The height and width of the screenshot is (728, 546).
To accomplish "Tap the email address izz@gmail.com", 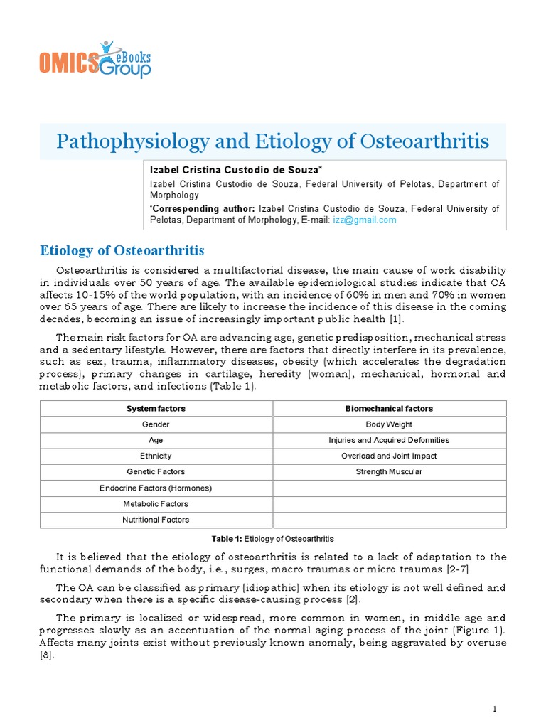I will [x=364, y=220].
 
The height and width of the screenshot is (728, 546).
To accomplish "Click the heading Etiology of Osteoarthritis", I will [x=122, y=251].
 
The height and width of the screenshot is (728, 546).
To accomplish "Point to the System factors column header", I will [x=156, y=409].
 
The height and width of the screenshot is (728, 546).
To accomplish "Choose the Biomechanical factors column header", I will [x=389, y=409].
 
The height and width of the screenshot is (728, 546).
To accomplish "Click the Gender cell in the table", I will [x=156, y=424].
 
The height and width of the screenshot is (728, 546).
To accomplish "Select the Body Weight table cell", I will [x=389, y=424].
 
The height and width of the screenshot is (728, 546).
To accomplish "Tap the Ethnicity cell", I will [x=156, y=456].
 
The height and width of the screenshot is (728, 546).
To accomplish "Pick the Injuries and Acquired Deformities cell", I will [x=389, y=440].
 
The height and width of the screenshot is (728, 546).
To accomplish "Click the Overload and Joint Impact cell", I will [x=389, y=456].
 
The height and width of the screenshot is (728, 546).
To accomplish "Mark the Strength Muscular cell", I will [x=389, y=471].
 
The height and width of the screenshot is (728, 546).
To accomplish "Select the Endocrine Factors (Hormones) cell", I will [x=156, y=488].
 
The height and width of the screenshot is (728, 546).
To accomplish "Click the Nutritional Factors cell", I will [x=156, y=520].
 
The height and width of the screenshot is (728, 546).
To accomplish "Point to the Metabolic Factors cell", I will [x=156, y=503].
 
